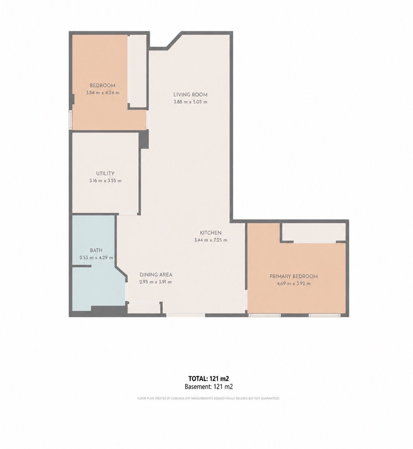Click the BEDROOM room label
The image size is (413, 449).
pos(103,85)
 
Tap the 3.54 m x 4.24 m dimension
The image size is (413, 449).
pos(103,93)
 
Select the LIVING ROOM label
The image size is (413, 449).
pos(190,95)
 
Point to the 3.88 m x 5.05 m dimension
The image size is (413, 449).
pos(190,102)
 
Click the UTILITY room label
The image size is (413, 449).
pos(105,173)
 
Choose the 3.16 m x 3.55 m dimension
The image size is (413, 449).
pos(105,181)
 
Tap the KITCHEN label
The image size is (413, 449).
pos(210,233)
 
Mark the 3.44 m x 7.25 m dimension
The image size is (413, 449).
pos(210,240)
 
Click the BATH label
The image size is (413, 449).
pos(96,250)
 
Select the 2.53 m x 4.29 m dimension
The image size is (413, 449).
pos(96,258)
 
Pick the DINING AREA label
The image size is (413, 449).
pos(156,275)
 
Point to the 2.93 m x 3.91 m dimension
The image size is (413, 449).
pos(156,282)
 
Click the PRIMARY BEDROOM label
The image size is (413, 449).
pos(294,276)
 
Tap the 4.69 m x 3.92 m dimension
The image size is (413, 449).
pos(294,284)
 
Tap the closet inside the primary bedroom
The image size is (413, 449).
pos(313,232)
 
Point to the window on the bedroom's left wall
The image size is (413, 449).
pos(70,119)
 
